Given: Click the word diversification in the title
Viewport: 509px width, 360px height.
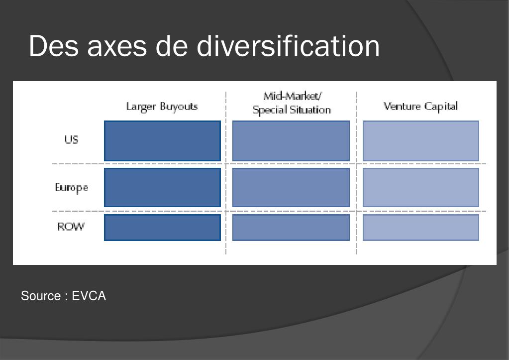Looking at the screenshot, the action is click(288, 46).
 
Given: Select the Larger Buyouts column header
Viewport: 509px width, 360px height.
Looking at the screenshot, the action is click(162, 107).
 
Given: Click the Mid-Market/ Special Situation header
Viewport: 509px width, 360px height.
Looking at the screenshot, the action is click(292, 103).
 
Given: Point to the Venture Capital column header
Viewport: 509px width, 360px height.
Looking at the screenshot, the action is click(421, 107).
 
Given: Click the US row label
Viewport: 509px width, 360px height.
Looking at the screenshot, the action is click(72, 139).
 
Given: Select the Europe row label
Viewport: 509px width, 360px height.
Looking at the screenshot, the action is click(72, 188).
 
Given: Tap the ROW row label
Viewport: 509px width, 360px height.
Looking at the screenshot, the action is click(71, 226).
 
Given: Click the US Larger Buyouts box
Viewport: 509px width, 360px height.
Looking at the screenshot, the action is click(162, 141).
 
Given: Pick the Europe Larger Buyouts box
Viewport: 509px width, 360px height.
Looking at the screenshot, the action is click(162, 188).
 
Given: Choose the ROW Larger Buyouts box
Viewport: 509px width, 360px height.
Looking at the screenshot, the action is click(162, 228).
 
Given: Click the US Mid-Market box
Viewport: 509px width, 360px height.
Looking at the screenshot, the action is click(291, 141).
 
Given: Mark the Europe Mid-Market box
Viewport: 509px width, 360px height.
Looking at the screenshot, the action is click(291, 188).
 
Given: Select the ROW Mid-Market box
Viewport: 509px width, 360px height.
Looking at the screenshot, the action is click(291, 228).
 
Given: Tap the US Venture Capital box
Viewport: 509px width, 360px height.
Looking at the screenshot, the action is click(421, 141).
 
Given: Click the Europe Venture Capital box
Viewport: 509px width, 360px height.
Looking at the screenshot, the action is click(421, 188).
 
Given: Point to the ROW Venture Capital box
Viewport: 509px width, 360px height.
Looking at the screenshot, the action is click(421, 228).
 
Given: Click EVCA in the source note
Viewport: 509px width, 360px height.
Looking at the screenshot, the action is click(89, 296).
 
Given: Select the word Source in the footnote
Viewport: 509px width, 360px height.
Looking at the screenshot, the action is click(41, 296).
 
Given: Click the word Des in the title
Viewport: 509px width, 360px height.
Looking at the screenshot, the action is click(54, 46).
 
